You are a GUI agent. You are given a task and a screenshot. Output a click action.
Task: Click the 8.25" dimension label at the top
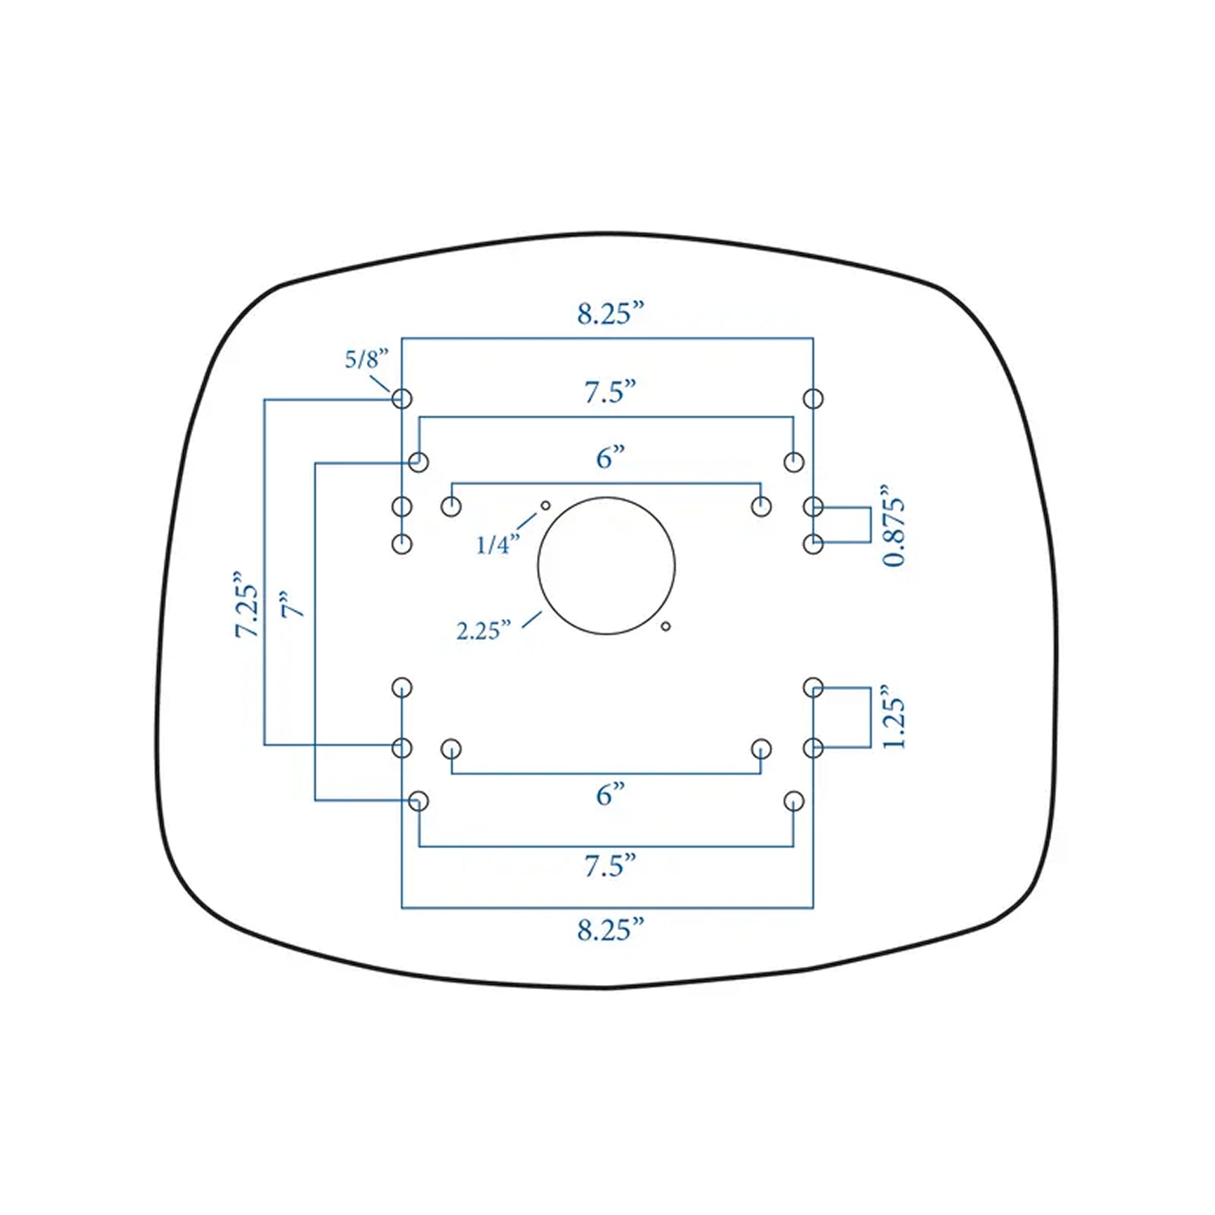click(x=610, y=313)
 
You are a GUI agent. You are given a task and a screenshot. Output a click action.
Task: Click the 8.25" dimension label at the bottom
click(x=610, y=930)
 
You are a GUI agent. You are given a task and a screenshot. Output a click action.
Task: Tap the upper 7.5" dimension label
click(x=610, y=392)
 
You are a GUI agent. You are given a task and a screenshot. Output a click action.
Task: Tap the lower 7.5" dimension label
click(x=610, y=866)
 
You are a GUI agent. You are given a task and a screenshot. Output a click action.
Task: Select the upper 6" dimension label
click(x=610, y=458)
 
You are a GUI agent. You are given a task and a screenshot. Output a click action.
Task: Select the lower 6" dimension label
click(x=610, y=795)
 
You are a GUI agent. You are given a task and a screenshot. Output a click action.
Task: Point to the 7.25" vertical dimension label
click(x=247, y=604)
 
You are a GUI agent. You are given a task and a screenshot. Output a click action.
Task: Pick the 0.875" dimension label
click(x=894, y=526)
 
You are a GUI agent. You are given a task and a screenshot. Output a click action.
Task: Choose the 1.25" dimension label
click(x=893, y=716)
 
